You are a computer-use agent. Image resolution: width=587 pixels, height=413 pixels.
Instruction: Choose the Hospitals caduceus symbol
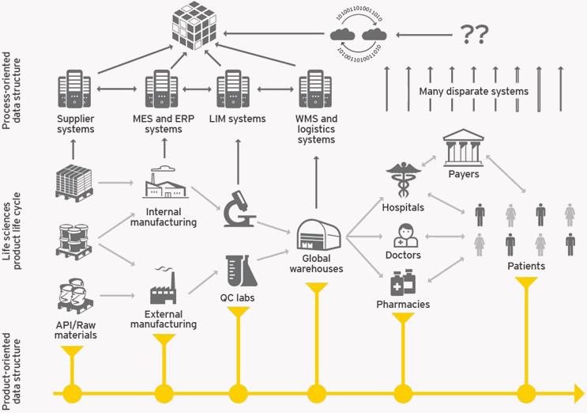402,182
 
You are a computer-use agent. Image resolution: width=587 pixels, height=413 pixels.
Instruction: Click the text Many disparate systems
475,92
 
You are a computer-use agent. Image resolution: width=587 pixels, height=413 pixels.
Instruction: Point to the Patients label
525,267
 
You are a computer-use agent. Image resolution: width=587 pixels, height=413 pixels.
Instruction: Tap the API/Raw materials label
77,329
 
